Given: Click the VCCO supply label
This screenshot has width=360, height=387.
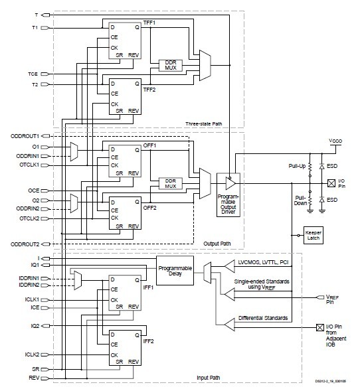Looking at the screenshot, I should (x=336, y=141).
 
